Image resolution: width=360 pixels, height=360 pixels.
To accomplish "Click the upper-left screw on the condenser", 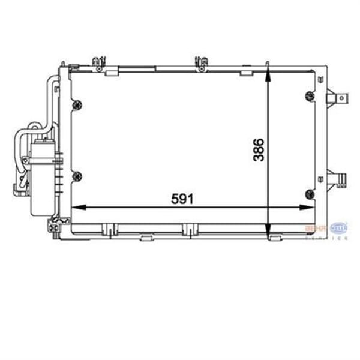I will point(76,106).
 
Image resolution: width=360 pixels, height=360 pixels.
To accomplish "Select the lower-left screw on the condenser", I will point(76,176).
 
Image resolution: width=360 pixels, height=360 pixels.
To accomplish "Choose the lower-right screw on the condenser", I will point(309,193).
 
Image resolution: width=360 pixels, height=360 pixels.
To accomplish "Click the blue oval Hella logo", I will point(338,228).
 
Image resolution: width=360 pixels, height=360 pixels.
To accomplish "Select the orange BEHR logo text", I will point(316,229).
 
